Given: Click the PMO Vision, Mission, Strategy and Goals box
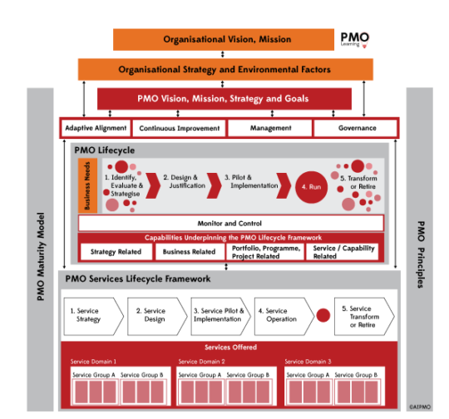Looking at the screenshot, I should [x=224, y=99].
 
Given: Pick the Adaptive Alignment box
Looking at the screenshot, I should [x=96, y=128].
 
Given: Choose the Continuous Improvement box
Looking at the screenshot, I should [x=180, y=128].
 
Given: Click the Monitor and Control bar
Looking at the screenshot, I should [x=230, y=224].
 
